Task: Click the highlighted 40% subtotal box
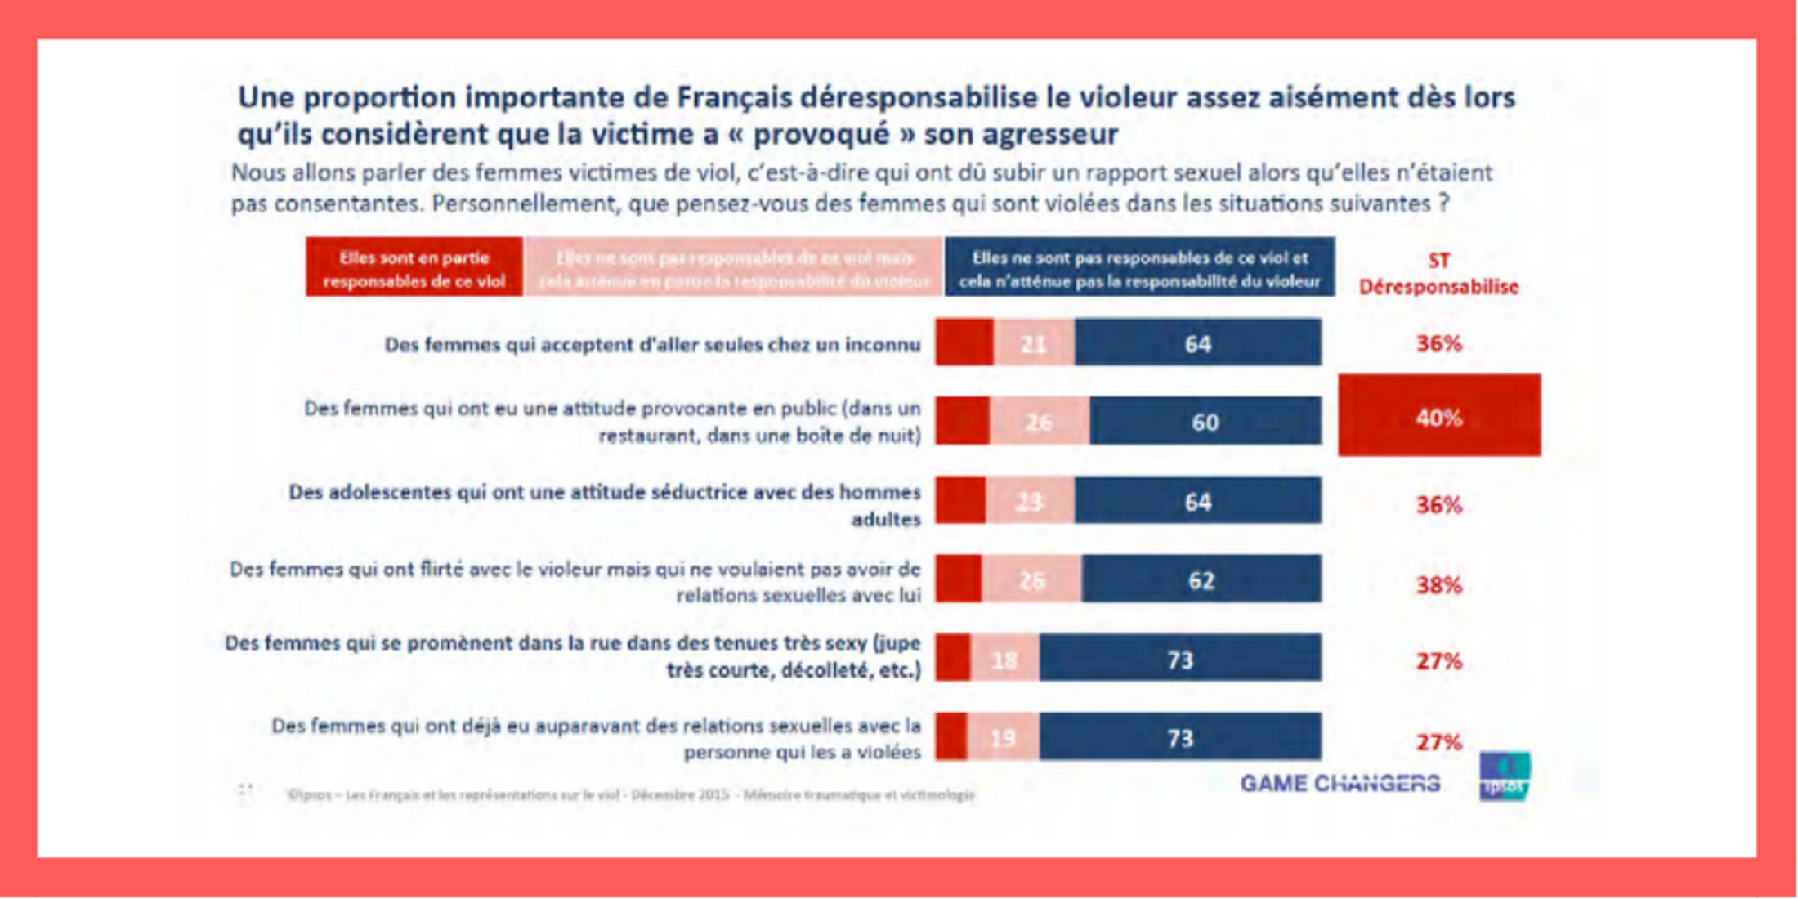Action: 1439,415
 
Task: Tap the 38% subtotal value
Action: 1438,585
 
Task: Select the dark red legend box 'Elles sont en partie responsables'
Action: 414,267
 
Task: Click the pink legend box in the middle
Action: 734,267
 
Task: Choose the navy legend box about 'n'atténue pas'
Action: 1139,267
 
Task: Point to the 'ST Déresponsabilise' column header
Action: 1438,274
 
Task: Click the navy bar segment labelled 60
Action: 1205,422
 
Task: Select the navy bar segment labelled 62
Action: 1201,579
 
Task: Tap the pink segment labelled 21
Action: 1034,342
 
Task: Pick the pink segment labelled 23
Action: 1030,501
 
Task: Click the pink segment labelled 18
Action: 1004,659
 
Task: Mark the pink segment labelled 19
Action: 1003,737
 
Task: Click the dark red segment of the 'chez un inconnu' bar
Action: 964,342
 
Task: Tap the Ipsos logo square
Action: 1505,776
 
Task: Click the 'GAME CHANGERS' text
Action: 1340,784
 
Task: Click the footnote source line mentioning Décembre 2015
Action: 630,794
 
